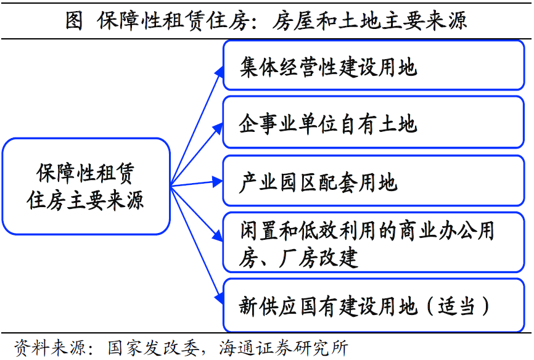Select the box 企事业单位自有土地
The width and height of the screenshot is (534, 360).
376,123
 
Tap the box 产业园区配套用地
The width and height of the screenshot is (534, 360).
376,182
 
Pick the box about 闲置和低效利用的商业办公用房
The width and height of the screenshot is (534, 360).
376,242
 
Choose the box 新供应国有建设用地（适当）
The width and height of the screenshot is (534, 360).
376,306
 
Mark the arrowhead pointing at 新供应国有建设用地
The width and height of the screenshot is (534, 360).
218,297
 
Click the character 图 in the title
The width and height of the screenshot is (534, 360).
74,20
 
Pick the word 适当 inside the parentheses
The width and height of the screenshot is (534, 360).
458,306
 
